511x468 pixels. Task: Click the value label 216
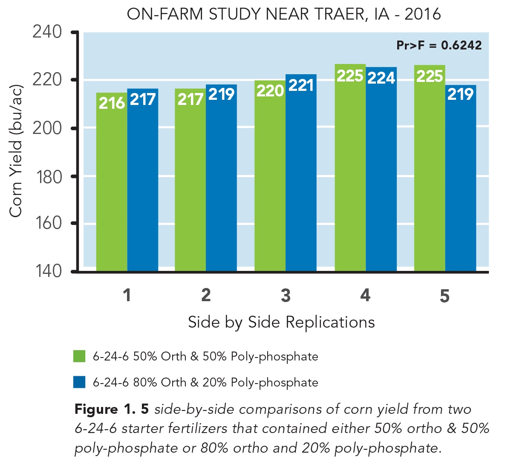(112, 103)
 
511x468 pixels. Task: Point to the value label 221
(301, 86)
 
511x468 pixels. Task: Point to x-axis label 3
(286, 295)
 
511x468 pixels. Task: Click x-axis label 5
(445, 296)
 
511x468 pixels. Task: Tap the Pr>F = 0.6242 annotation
(439, 45)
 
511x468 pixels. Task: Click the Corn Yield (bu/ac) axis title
(16, 151)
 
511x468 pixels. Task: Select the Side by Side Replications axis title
(281, 322)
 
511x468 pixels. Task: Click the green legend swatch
(79, 356)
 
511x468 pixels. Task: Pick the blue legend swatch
(79, 382)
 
